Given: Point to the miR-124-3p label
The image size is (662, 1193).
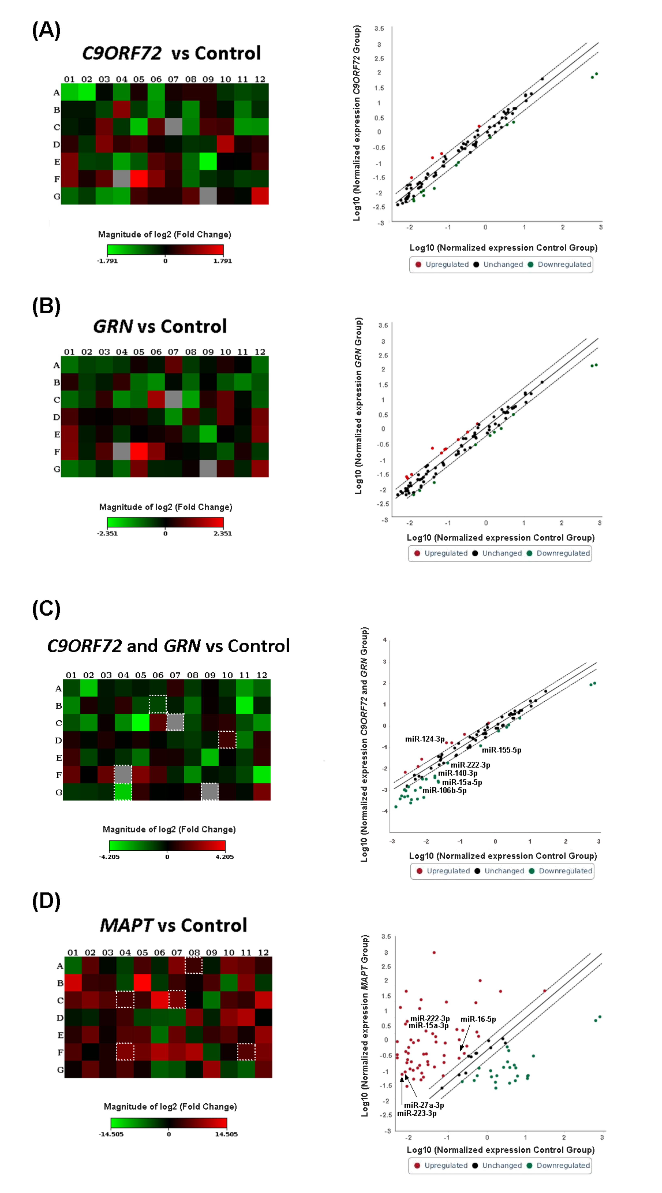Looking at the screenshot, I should click(425, 739).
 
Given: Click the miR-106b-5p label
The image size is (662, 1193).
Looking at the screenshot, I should click(444, 790).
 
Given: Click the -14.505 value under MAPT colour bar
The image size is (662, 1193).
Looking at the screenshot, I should click(111, 1134).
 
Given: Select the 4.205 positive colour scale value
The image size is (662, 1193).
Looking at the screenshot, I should click(225, 856).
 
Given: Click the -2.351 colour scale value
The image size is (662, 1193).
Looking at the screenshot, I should click(107, 533).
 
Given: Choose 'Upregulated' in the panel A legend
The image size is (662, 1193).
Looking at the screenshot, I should click(447, 264).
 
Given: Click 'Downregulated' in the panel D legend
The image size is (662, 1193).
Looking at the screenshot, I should click(563, 1165).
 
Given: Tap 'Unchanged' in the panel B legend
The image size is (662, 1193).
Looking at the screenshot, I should click(502, 553).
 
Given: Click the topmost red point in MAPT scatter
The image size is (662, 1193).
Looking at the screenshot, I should click(434, 953).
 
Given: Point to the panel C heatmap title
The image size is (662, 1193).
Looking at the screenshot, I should click(169, 646).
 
